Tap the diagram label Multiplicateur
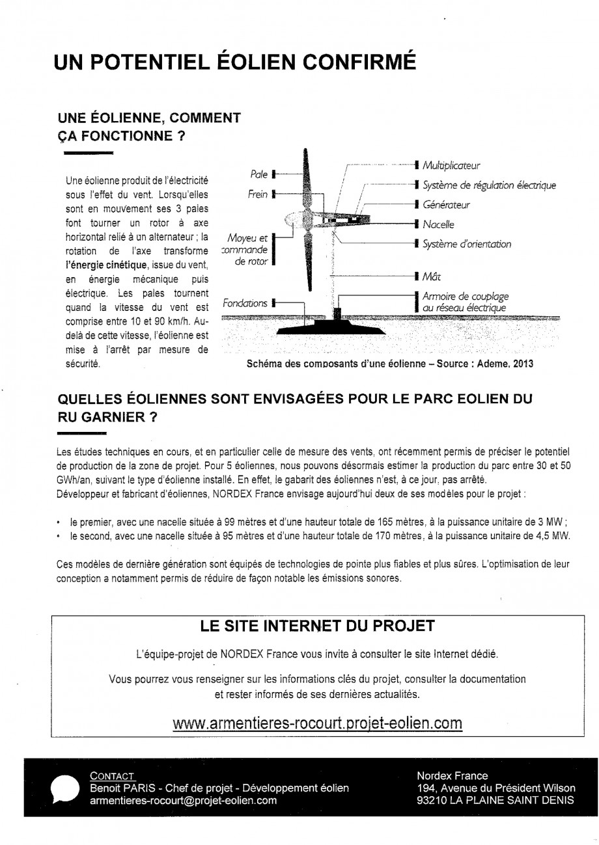point(451,166)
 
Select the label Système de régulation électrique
point(489,185)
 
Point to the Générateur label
point(446,205)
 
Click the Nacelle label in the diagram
point(438,224)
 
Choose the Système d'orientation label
point(467,245)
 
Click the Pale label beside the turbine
point(259,174)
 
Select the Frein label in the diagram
point(258,194)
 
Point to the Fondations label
point(245,303)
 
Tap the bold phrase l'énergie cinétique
point(107,265)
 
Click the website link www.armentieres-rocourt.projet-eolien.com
point(318,723)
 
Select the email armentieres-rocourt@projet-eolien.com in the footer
point(183,801)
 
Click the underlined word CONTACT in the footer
point(112,776)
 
